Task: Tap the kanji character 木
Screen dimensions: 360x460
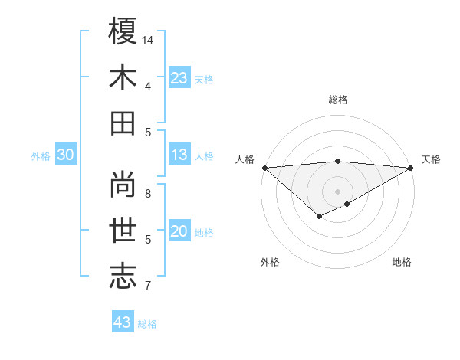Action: pyautogui.click(x=123, y=77)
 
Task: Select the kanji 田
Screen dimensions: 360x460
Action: pyautogui.click(x=123, y=123)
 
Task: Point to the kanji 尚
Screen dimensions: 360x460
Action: pyautogui.click(x=123, y=184)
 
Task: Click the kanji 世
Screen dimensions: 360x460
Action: pyautogui.click(x=123, y=231)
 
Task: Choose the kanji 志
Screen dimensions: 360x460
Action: pyautogui.click(x=123, y=277)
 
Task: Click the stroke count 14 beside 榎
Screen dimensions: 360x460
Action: pyautogui.click(x=148, y=40)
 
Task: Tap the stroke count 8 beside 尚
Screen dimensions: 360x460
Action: pyautogui.click(x=148, y=193)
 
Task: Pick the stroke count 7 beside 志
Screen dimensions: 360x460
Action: pyautogui.click(x=148, y=286)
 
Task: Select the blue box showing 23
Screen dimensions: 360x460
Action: pyautogui.click(x=179, y=78)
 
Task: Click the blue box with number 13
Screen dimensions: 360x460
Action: pyautogui.click(x=179, y=155)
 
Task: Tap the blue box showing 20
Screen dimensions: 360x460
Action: pyautogui.click(x=179, y=232)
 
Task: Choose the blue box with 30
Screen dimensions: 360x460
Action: pyautogui.click(x=66, y=155)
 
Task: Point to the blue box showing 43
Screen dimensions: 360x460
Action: pyautogui.click(x=123, y=322)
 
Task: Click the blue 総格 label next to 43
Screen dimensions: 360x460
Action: pyautogui.click(x=148, y=324)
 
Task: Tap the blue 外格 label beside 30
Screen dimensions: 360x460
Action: pyautogui.click(x=41, y=156)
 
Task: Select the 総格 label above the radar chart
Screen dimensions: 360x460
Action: pyautogui.click(x=338, y=100)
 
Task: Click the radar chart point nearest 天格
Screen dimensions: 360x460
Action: pyautogui.click(x=411, y=168)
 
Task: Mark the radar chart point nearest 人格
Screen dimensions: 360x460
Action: pyautogui.click(x=264, y=168)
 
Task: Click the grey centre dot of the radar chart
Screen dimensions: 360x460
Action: pyautogui.click(x=337, y=190)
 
